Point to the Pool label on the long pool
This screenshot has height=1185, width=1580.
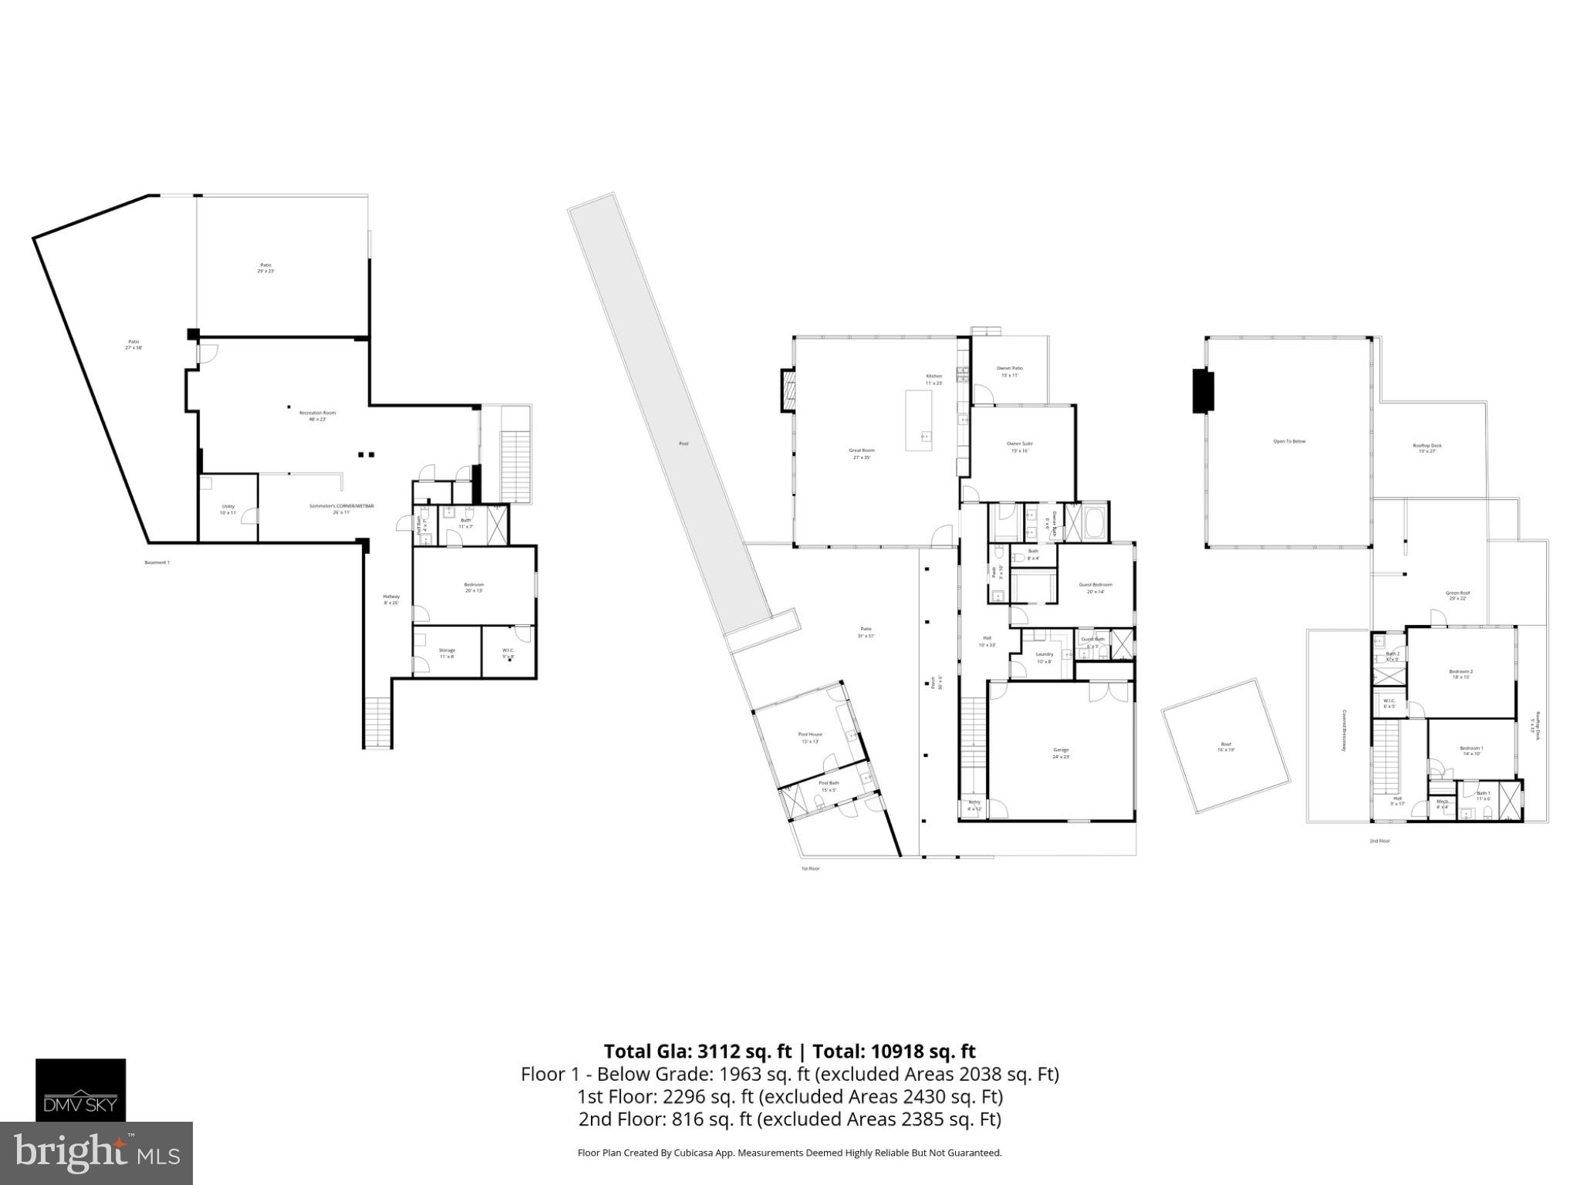683,444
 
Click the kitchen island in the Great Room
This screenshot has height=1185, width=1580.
918,420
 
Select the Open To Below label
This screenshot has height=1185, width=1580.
1289,441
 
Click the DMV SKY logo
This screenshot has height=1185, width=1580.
80,1089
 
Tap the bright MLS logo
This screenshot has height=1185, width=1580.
96,1153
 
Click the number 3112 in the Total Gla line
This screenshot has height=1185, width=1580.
722,1051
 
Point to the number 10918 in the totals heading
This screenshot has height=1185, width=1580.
900,1051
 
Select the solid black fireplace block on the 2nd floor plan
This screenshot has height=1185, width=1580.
1203,391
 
